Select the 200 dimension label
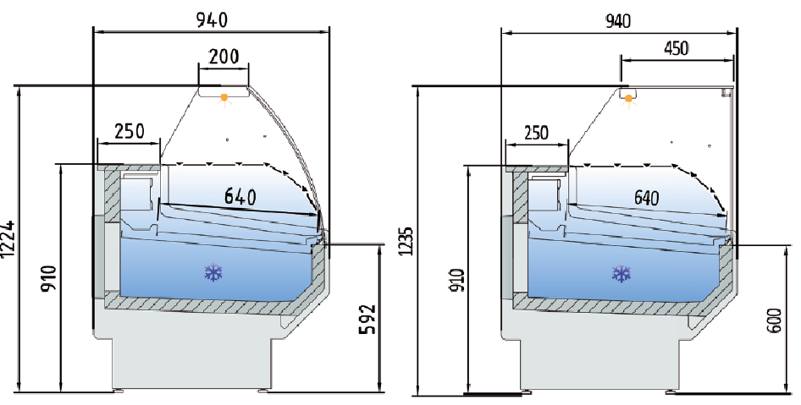pos(224,56)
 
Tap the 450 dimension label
pos(676,47)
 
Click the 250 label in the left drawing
pos(129,131)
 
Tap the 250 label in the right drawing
pos(536,133)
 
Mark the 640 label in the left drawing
pos(240,197)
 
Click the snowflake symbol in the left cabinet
pos(213,272)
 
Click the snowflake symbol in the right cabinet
pos(622,273)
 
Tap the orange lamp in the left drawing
pos(224,98)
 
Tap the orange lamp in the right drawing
pos(628,99)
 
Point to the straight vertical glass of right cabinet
pos(730,161)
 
